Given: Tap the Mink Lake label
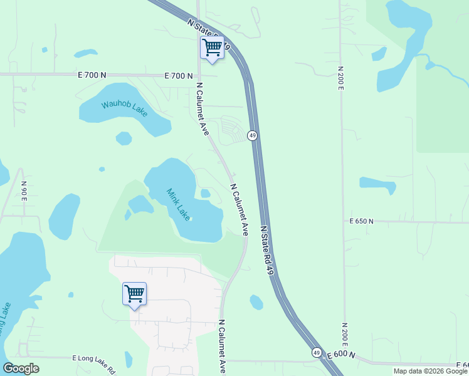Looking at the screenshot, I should (178, 204).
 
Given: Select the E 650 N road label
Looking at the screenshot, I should (361, 221).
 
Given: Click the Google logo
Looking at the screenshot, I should (21, 368).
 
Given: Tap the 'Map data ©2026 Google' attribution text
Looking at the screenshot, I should (430, 371).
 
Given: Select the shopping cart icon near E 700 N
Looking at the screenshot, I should (212, 47).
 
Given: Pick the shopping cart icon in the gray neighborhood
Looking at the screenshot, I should (134, 293).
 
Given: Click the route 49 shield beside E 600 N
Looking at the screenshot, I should (316, 352).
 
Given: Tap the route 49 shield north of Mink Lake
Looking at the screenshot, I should (252, 135).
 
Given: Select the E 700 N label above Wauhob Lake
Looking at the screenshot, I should (92, 75).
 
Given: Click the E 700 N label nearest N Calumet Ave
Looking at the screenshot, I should (178, 76).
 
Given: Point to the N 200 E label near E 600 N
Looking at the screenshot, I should (344, 337).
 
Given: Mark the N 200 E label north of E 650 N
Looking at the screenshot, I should (340, 78).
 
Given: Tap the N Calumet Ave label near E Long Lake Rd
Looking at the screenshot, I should (221, 346).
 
